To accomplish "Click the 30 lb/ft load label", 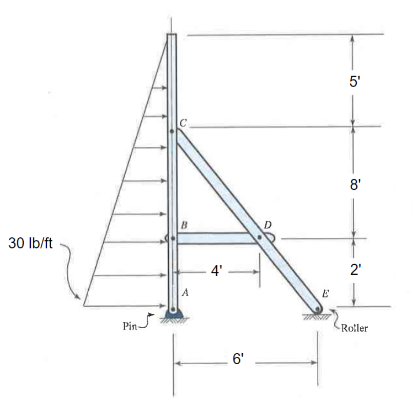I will tap(31, 243).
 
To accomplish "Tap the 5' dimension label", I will tap(355, 81).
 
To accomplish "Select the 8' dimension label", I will tap(355, 184).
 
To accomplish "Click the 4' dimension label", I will tap(217, 271).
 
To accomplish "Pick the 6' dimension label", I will tap(238, 359).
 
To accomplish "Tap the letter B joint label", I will tap(184, 226).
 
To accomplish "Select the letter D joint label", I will tap(267, 225).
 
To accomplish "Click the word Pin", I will tap(129, 326).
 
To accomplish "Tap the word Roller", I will tap(354, 328).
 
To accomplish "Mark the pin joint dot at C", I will tap(172, 131).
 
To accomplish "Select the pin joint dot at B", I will tap(172, 238).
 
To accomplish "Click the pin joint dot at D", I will tap(259, 238).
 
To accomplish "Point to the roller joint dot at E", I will tap(318, 309).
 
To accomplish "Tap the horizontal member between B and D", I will tap(215, 238).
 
